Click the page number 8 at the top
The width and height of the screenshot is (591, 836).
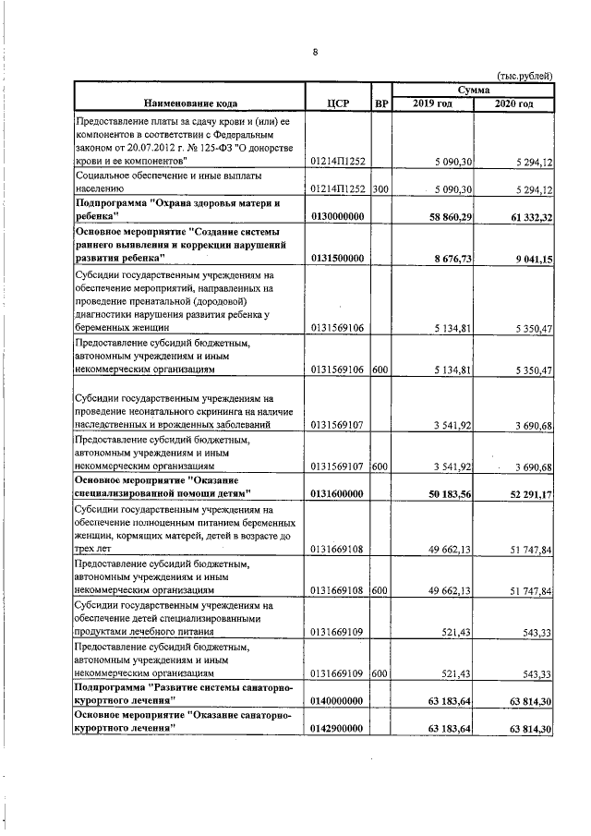(x=315, y=52)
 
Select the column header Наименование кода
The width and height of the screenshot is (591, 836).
(x=189, y=103)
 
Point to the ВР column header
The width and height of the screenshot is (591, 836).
(x=380, y=103)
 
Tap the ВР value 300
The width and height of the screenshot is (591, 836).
(x=380, y=188)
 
